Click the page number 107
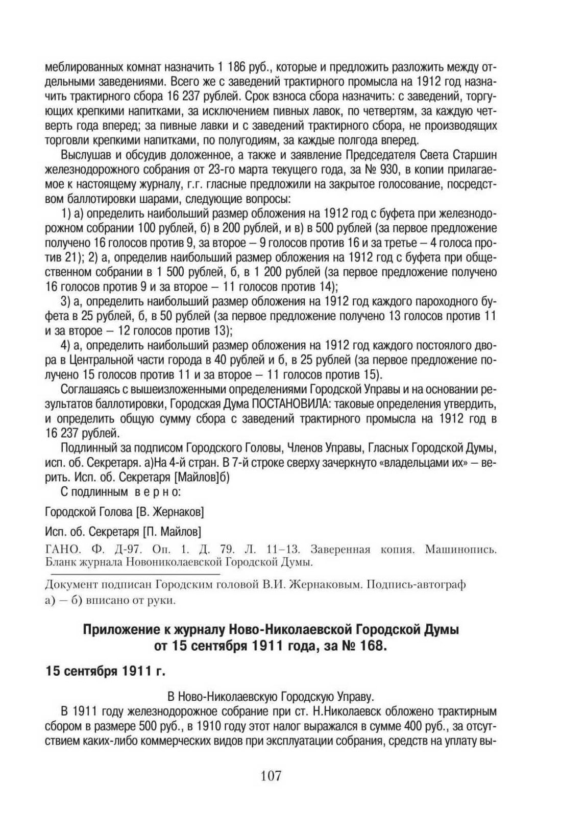coord(271,775)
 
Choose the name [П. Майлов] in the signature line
coord(172,531)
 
